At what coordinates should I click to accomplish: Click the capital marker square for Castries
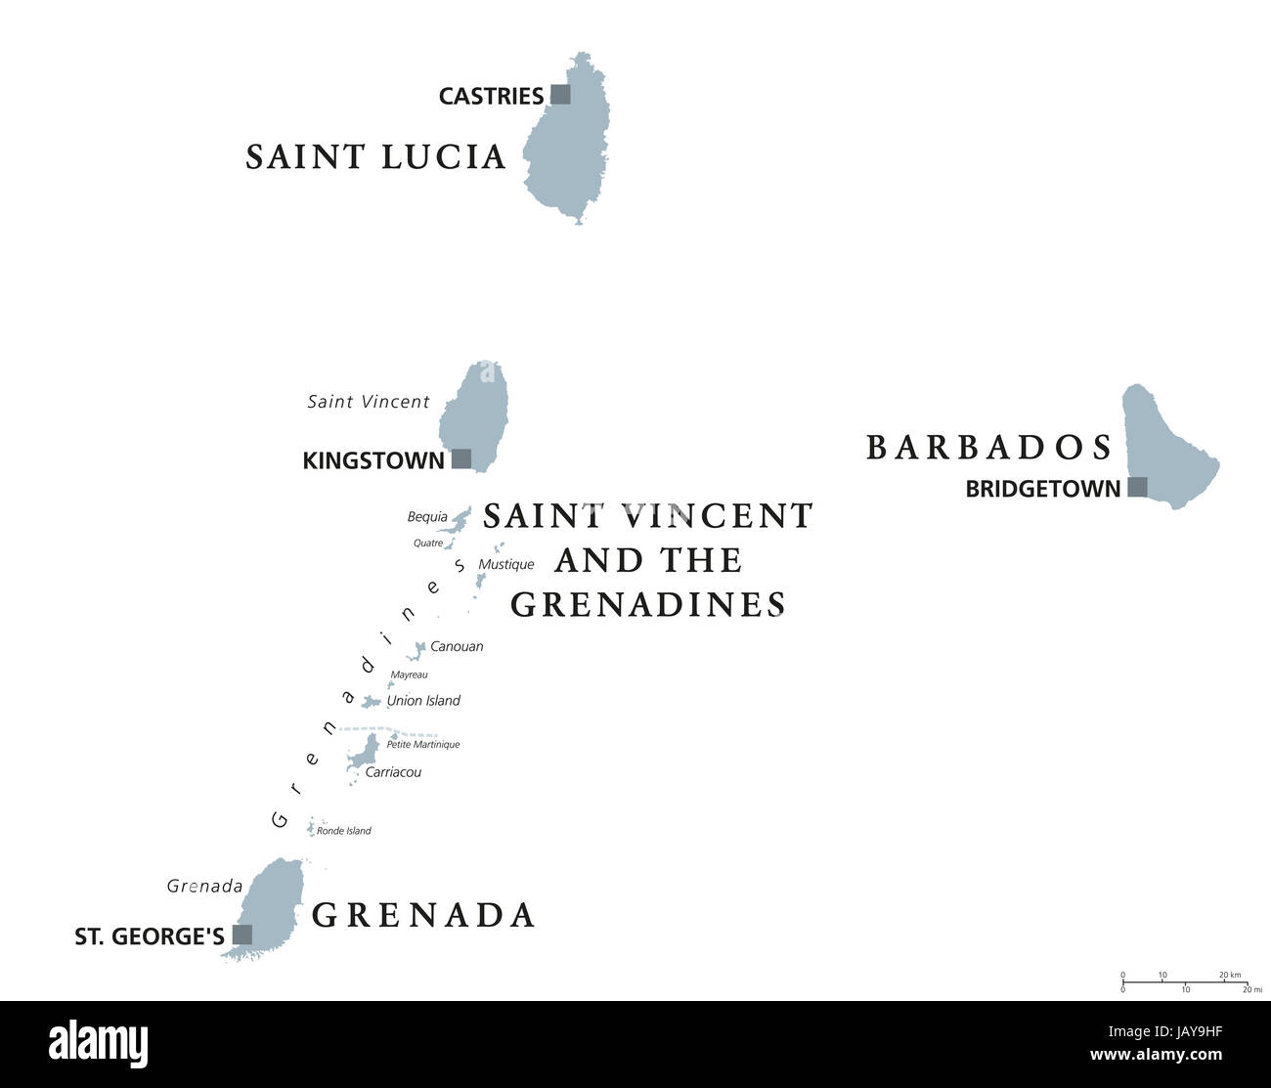pyautogui.click(x=560, y=94)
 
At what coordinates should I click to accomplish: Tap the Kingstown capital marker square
pyautogui.click(x=461, y=458)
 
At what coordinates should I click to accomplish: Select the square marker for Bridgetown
pyautogui.click(x=1137, y=487)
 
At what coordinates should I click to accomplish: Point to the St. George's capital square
pyautogui.click(x=241, y=935)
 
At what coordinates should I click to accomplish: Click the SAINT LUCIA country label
pyautogui.click(x=375, y=156)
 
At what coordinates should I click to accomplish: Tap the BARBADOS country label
pyautogui.click(x=989, y=447)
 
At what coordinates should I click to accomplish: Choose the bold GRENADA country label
pyautogui.click(x=423, y=915)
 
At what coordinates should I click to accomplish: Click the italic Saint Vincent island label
pyautogui.click(x=369, y=402)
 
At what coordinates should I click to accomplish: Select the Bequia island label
pyautogui.click(x=427, y=516)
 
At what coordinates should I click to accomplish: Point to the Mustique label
pyautogui.click(x=506, y=564)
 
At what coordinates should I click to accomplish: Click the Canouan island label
pyautogui.click(x=457, y=646)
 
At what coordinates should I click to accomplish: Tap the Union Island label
pyautogui.click(x=423, y=700)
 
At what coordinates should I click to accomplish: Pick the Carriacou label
pyautogui.click(x=393, y=772)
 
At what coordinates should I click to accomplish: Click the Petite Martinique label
pyautogui.click(x=423, y=745)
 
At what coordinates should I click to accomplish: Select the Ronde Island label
pyautogui.click(x=344, y=831)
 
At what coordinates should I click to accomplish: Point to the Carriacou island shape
pyautogui.click(x=366, y=755)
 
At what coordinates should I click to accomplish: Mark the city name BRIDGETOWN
pyautogui.click(x=1042, y=489)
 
